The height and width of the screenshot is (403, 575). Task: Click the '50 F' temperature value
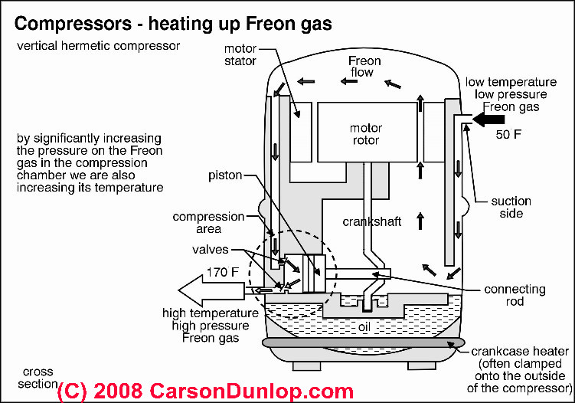511,136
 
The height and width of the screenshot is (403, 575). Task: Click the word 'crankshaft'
368,221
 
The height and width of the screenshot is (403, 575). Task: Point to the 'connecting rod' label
515,296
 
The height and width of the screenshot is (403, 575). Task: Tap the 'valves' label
218,249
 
